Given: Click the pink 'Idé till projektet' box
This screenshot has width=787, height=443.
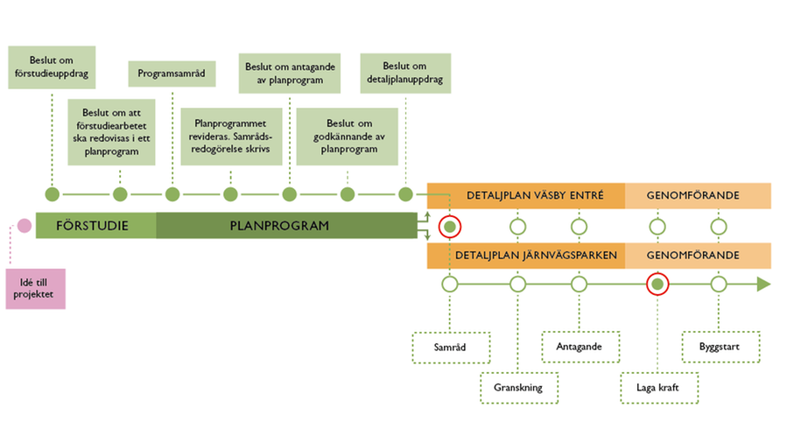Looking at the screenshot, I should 35,288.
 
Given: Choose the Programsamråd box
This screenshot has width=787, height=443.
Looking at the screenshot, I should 172,74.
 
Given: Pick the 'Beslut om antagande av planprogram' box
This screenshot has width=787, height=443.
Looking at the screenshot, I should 289,74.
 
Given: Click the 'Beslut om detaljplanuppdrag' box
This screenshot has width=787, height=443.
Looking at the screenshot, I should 404,74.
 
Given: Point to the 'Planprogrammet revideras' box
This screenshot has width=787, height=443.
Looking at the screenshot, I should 230,136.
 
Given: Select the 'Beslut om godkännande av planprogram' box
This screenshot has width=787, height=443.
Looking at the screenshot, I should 348,136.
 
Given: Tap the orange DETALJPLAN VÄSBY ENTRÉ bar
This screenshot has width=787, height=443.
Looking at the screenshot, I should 525,195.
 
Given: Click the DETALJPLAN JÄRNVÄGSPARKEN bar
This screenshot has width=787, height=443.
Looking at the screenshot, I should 525,256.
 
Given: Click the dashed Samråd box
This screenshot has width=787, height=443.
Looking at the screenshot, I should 449,348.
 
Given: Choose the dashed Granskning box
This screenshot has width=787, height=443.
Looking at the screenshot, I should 518,388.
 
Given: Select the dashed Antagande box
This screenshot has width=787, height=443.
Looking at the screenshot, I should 580,348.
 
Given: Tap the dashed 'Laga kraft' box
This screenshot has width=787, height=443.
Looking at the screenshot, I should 657,388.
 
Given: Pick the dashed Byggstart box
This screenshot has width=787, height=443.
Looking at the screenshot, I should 720,348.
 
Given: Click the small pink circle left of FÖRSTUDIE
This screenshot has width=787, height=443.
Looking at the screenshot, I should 24,227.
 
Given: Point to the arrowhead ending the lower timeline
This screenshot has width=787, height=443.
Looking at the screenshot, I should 762,285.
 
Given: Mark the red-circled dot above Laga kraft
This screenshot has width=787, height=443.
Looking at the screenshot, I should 657,285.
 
